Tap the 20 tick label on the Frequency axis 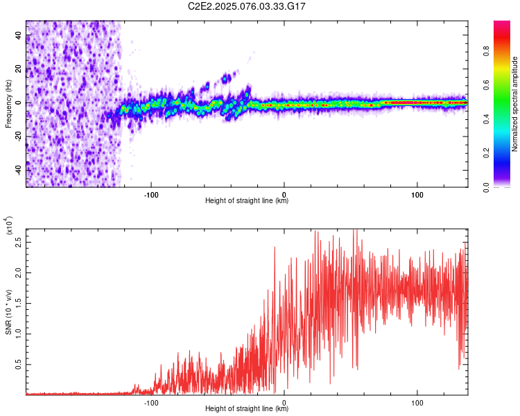18,69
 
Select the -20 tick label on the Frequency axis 18,136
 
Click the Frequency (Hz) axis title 8,103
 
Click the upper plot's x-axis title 247,201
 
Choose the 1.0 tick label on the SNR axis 17,333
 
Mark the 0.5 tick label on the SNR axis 17,363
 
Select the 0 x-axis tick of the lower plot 284,401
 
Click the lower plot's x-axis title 247,409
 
